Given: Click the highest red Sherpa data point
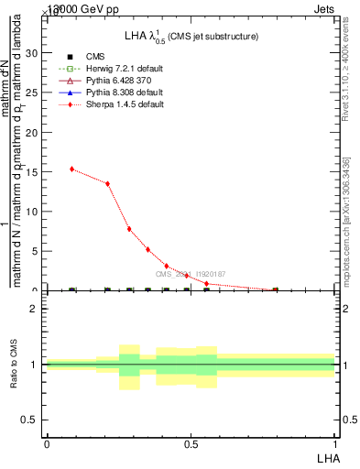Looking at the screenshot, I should click(x=72, y=169).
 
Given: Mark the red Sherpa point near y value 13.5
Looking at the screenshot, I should click(x=107, y=183).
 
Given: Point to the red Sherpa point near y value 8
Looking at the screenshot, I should click(x=129, y=229).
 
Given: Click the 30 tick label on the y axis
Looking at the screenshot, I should click(x=33, y=53).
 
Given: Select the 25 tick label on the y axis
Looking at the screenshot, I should click(x=33, y=93).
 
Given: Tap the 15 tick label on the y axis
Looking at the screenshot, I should click(x=33, y=172).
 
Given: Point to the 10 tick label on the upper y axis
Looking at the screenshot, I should click(x=33, y=212).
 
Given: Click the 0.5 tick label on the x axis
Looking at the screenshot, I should click(x=191, y=443).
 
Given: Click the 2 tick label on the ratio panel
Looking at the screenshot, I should click(x=34, y=309).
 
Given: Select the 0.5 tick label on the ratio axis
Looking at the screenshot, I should click(x=30, y=420).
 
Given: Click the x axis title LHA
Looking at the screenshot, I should click(x=326, y=457).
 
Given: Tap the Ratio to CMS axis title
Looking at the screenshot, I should click(x=14, y=364).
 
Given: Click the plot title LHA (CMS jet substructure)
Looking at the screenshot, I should click(x=191, y=36).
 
